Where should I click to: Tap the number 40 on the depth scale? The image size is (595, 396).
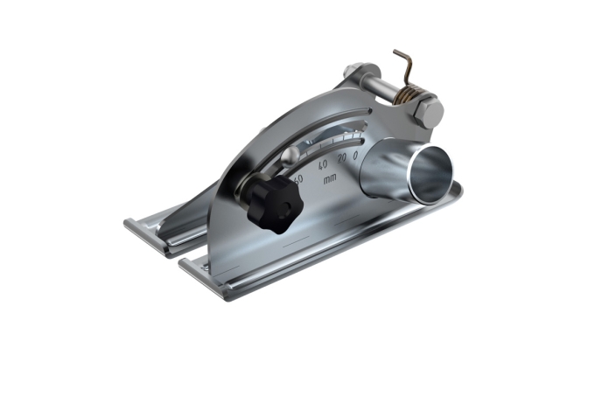pyautogui.click(x=323, y=163)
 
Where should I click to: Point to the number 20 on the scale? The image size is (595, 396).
pyautogui.click(x=342, y=157)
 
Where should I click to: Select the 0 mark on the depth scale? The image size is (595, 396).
pyautogui.click(x=355, y=156)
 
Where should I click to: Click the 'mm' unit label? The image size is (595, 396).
pyautogui.click(x=329, y=179)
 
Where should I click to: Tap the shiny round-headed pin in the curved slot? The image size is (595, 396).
pyautogui.click(x=288, y=158)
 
